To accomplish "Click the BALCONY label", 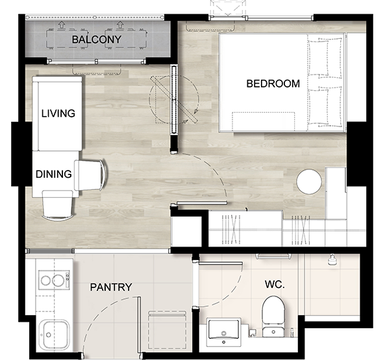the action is (x=97, y=40).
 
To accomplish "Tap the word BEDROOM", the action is (x=273, y=84).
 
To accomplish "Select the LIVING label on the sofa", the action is (x=58, y=114).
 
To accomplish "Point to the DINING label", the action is (x=54, y=174).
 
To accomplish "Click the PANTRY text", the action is (x=111, y=287).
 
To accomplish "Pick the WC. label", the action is (x=275, y=285).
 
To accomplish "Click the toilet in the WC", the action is (x=273, y=316).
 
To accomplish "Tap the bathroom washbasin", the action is (x=223, y=332).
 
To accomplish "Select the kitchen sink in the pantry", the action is (x=54, y=335).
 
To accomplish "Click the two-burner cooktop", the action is (x=55, y=280).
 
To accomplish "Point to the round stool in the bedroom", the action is (x=309, y=182).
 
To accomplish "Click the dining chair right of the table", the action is (x=91, y=175).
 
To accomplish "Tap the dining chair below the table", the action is (x=58, y=206).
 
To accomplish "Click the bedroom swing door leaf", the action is (x=201, y=203).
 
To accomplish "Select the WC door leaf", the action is (x=221, y=263).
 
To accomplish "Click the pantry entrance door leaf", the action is (x=139, y=325).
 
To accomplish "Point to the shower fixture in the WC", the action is (x=332, y=259).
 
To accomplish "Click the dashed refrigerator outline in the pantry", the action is (x=167, y=330).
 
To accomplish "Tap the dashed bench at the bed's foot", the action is (x=263, y=121).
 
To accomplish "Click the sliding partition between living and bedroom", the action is (x=174, y=99).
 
